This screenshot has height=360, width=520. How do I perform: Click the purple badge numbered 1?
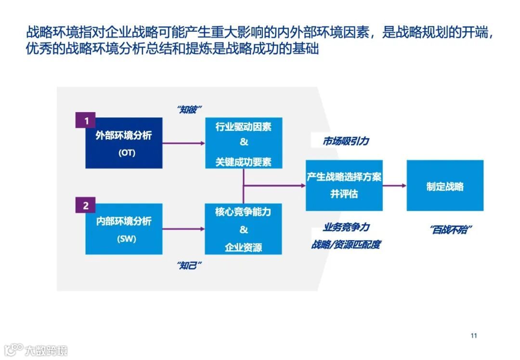tap(86, 121)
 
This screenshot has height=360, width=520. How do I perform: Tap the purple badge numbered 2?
tap(86, 206)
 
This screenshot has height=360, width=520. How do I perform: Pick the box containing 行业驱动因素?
tap(243, 142)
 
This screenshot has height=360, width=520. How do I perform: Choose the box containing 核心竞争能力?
tap(243, 229)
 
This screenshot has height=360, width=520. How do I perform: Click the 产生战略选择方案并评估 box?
tap(344, 185)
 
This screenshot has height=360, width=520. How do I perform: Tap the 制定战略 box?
tap(445, 186)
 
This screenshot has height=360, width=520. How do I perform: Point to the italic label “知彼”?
tap(189, 109)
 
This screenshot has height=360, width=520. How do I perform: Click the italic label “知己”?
tap(189, 265)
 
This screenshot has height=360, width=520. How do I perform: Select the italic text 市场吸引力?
tap(346, 141)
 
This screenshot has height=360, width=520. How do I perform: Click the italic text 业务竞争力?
tap(346, 227)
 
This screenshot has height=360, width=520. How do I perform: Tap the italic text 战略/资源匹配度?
tap(346, 244)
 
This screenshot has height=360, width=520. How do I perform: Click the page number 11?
tap(473, 335)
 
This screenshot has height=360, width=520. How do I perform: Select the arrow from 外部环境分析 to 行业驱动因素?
tap(183, 143)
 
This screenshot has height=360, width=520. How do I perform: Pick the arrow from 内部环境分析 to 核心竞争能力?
tap(183, 229)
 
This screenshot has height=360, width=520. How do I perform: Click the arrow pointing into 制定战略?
tap(394, 185)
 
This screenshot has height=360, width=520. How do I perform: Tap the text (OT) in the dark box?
tap(127, 154)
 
